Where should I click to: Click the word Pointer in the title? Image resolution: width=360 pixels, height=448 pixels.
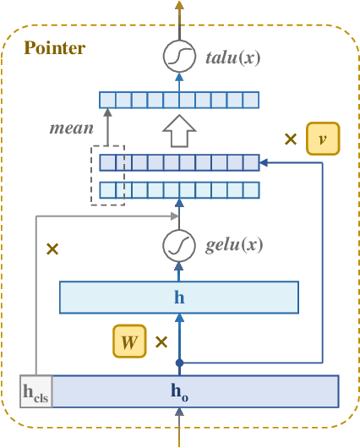click(x=54, y=48)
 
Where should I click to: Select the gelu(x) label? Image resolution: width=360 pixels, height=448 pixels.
click(x=234, y=246)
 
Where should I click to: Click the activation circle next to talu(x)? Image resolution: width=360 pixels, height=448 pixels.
click(x=178, y=57)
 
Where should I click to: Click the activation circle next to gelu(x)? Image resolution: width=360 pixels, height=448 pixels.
click(x=178, y=246)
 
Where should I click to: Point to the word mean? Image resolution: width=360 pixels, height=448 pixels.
click(x=71, y=129)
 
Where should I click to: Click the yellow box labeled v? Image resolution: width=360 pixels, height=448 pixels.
click(x=322, y=139)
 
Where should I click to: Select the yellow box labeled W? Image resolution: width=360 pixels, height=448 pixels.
click(x=129, y=341)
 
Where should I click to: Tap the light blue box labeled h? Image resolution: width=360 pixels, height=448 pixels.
click(x=178, y=298)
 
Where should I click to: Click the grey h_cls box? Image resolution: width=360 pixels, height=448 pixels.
click(x=36, y=391)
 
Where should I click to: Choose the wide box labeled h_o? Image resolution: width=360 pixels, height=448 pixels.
click(x=194, y=391)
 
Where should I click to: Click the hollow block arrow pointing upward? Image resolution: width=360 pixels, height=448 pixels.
click(x=178, y=132)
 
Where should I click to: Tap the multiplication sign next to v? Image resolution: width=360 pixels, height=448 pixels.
click(x=291, y=139)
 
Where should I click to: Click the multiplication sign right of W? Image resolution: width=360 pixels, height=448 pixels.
click(x=161, y=342)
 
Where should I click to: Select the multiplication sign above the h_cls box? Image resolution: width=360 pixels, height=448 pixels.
click(x=52, y=249)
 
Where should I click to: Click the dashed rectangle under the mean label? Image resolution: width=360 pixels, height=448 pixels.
click(x=107, y=175)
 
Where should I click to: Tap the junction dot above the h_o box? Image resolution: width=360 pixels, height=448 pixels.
click(x=178, y=363)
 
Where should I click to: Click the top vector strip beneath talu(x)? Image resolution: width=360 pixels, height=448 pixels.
click(x=178, y=101)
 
